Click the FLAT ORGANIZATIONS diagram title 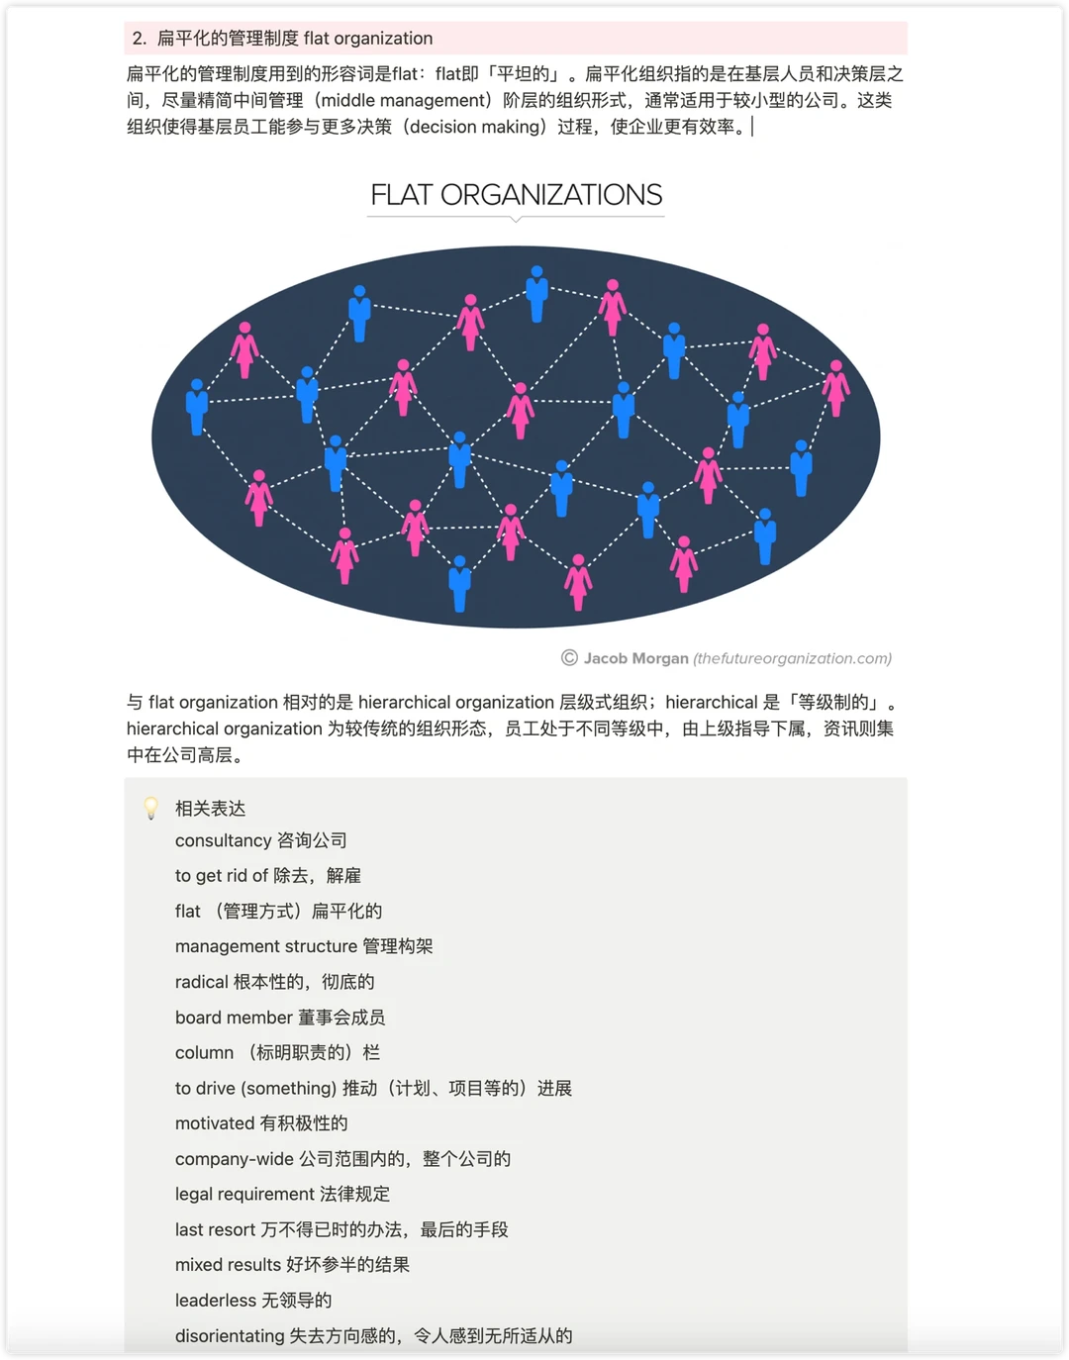(516, 195)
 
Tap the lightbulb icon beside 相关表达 (151, 808)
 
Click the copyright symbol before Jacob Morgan (569, 658)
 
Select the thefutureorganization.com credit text (792, 658)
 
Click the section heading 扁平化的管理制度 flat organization (294, 39)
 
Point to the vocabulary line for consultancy (260, 840)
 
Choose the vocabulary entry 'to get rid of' (267, 876)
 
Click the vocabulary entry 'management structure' (303, 946)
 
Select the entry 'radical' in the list (274, 982)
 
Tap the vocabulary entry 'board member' (279, 1018)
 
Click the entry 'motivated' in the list (260, 1123)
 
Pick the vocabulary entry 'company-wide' (342, 1159)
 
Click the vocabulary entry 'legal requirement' (282, 1194)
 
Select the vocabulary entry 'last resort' (340, 1229)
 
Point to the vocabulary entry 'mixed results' (292, 1265)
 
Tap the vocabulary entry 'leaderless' (252, 1301)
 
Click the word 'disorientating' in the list (230, 1336)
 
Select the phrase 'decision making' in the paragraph (476, 127)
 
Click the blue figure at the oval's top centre (536, 292)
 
